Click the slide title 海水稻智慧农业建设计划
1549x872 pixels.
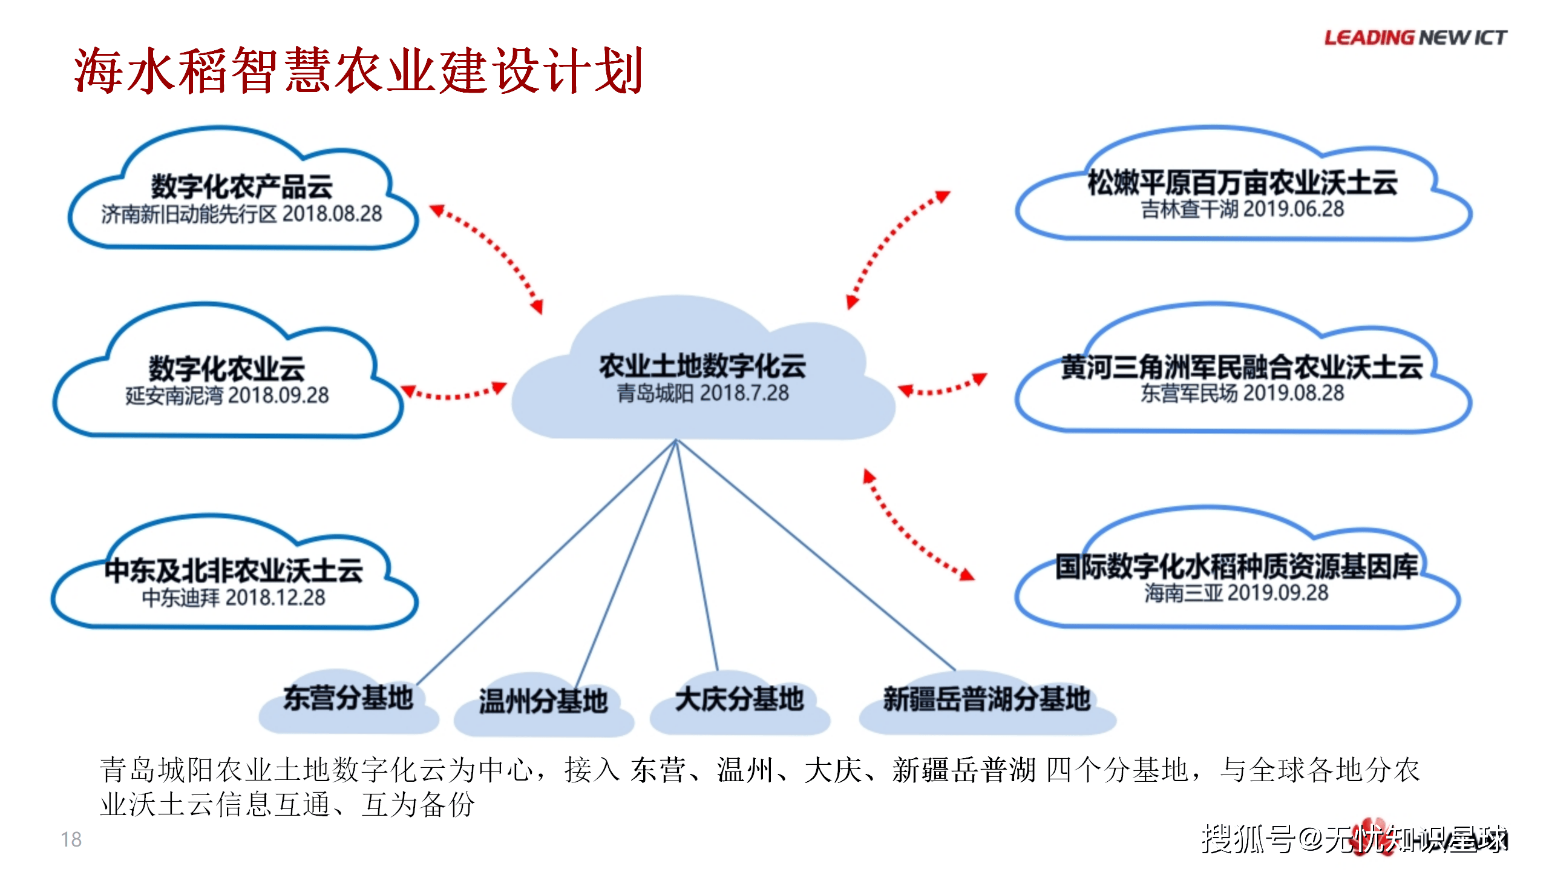(x=358, y=71)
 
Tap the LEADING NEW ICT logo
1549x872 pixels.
(x=1415, y=38)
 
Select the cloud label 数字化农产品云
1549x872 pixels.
(x=241, y=186)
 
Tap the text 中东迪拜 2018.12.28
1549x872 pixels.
(x=234, y=598)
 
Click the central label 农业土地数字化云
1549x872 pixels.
(x=702, y=365)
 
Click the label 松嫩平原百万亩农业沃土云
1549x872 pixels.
(x=1242, y=182)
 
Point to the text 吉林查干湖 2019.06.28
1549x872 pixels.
(x=1242, y=210)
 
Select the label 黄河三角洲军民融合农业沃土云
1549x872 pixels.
(x=1242, y=366)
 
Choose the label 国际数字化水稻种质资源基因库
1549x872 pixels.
(x=1236, y=566)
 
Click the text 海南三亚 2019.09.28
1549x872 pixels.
(x=1236, y=593)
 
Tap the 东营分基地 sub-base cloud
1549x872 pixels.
(x=348, y=699)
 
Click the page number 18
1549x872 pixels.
(x=71, y=840)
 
